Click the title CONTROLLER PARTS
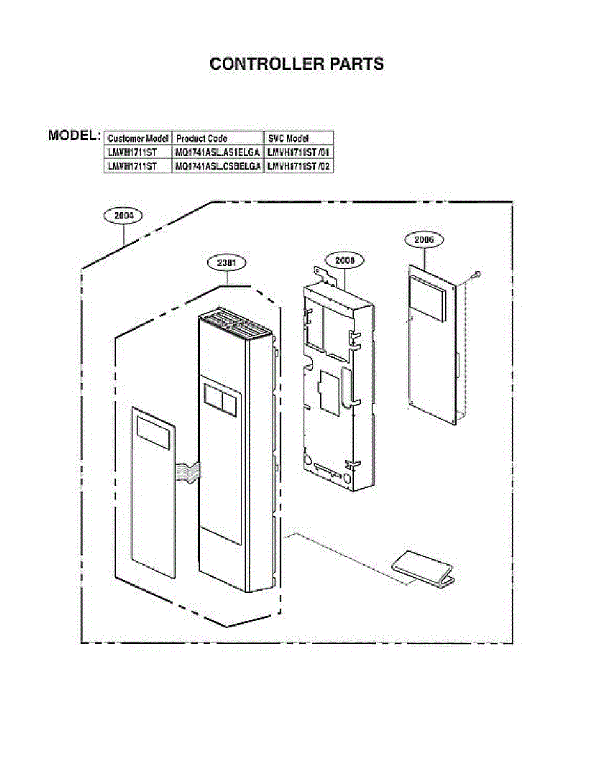(297, 64)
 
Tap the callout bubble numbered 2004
(123, 216)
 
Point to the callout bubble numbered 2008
(344, 260)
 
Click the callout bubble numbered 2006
(423, 240)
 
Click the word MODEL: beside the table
(75, 136)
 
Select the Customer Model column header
(138, 138)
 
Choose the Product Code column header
(202, 138)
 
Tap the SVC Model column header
(288, 138)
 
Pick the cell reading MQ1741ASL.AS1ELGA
(217, 152)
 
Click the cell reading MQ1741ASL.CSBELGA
(217, 166)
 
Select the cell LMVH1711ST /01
(298, 152)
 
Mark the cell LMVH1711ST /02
(298, 166)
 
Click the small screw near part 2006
(476, 275)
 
